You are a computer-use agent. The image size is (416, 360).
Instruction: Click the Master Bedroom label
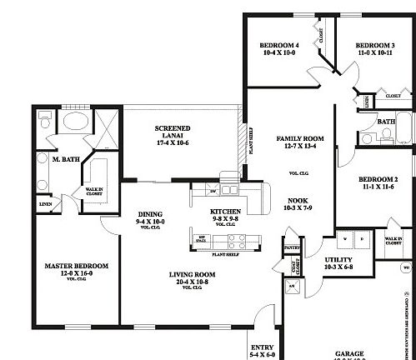(76, 266)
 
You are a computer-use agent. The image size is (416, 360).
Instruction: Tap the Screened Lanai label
(173, 128)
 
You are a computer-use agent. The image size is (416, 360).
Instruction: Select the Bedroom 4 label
(278, 44)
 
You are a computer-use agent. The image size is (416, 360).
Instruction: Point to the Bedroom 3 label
(374, 45)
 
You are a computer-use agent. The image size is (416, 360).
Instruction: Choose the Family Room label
(296, 138)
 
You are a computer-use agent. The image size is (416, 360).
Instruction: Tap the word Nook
(298, 201)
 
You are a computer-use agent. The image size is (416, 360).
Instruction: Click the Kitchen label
(225, 212)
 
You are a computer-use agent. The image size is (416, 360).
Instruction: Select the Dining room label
(150, 212)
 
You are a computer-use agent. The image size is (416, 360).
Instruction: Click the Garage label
(349, 352)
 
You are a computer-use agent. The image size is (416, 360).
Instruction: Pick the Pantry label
(292, 247)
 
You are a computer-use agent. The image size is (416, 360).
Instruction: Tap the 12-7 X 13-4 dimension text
(296, 147)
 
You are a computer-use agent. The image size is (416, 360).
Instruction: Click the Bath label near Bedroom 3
(385, 122)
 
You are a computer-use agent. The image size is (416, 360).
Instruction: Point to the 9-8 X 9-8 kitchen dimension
(225, 219)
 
